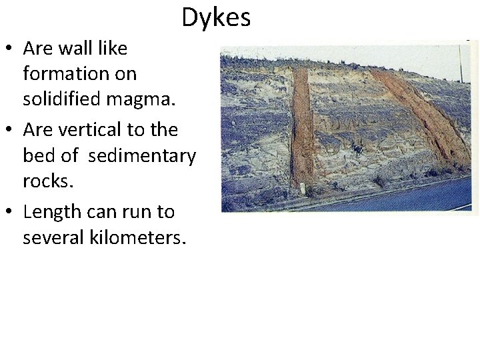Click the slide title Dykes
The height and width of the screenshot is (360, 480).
tap(216, 17)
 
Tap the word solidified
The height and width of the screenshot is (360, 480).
tap(59, 99)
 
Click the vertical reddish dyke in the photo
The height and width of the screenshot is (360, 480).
tap(302, 127)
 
